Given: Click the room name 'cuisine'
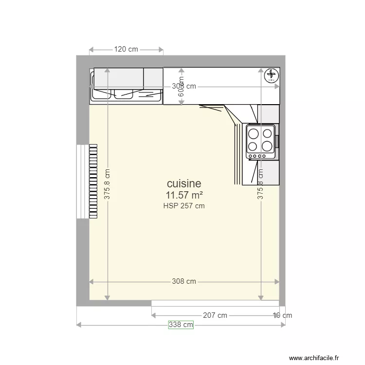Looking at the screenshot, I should pos(183,183).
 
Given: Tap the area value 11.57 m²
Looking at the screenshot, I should pos(184,195).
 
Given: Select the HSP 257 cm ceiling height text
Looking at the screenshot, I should pos(184,206).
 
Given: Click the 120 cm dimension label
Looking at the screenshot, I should pos(126,49).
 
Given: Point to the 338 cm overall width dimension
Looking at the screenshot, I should pos(181,325).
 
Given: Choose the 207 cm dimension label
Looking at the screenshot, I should pos(215,315).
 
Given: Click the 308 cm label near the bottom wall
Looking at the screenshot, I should pos(184,281).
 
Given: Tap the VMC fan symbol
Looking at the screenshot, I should pos(270,75).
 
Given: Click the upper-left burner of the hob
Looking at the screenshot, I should pos(254,133).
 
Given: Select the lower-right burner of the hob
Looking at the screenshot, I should pos(267,146).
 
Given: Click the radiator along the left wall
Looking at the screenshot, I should pos(93,181).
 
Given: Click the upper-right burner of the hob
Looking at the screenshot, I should pos(267,133).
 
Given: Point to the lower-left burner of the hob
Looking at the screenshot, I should pos(254,146).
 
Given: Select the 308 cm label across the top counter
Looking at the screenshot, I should pos(184,86).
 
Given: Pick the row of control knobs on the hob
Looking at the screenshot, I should pos(258,156).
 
